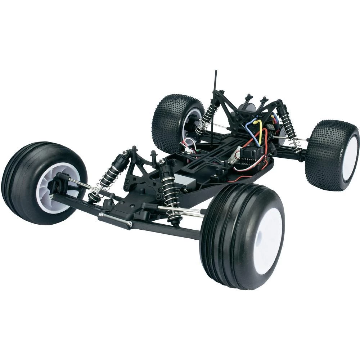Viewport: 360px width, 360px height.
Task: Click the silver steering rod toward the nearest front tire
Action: pyautogui.click(x=180, y=211)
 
